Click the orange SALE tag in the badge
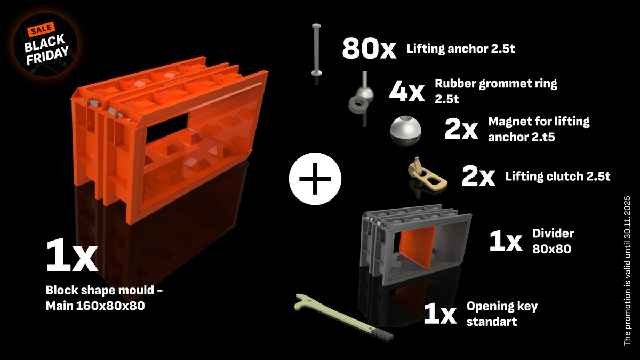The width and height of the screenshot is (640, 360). pos(41,29)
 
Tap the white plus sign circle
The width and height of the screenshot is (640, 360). pos(315,179)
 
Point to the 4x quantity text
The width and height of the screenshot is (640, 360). pos(407,91)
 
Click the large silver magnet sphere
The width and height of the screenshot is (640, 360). pos(405,131)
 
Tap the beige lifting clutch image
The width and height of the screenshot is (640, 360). pos(427,175)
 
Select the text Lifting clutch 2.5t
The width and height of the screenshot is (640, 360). pos(558,177)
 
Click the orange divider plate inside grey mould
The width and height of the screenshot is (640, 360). pos(417,247)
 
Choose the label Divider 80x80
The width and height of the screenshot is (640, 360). pos(553,241)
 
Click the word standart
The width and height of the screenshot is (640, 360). pos(491,322)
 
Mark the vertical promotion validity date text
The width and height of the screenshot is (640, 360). pos(627,270)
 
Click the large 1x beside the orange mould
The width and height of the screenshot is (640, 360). pos(71,255)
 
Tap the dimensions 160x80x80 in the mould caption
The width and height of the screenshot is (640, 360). pos(110,306)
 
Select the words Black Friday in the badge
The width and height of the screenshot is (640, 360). pos(46,50)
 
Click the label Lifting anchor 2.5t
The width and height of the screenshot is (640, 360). pos(461,49)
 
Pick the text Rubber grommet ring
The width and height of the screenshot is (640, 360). pos(495,84)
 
